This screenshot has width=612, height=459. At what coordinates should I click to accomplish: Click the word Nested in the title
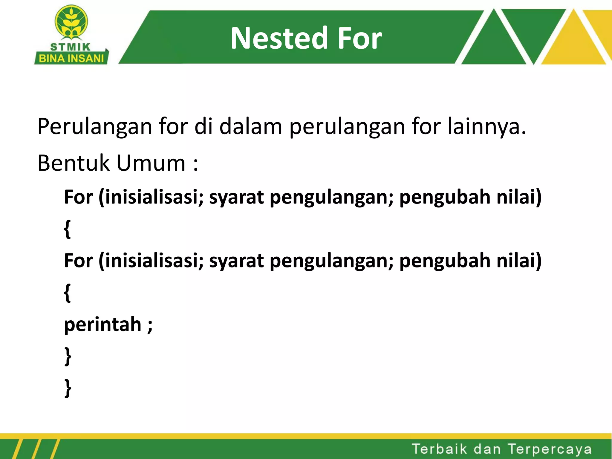click(x=279, y=38)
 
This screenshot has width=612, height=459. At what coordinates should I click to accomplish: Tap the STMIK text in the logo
click(x=70, y=47)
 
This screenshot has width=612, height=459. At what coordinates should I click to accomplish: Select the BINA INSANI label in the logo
click(x=71, y=59)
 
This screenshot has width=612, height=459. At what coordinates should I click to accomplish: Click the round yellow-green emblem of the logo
click(x=71, y=22)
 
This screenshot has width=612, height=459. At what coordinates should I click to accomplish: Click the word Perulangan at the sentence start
click(x=95, y=127)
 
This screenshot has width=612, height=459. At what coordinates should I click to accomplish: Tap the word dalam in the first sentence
click(x=251, y=127)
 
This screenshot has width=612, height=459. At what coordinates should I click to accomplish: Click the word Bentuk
click(x=74, y=163)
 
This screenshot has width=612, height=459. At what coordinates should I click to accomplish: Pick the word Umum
click(x=151, y=163)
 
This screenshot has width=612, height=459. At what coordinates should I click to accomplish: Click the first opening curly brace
click(x=68, y=229)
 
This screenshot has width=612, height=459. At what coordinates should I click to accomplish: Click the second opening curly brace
click(x=68, y=293)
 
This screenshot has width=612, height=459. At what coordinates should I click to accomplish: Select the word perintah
click(x=102, y=325)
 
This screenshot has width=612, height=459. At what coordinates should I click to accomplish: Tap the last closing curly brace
click(x=68, y=388)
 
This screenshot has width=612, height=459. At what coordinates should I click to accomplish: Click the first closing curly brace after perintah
click(x=68, y=356)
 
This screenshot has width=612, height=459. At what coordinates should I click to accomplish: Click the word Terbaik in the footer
click(x=439, y=449)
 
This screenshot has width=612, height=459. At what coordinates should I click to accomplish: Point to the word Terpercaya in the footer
click(x=550, y=449)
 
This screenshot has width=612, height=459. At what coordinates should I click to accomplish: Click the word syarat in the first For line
click(x=236, y=197)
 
